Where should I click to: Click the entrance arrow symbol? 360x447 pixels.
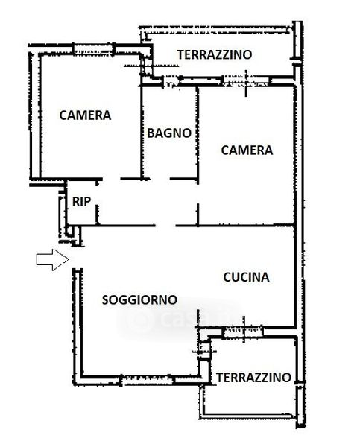tap(52, 259)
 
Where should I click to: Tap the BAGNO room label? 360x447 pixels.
tap(169, 133)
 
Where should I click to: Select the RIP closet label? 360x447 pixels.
tap(81, 202)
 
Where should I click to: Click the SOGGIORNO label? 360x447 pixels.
tap(139, 300)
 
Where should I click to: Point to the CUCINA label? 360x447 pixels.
tap(246, 277)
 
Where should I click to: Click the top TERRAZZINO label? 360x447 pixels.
tap(215, 54)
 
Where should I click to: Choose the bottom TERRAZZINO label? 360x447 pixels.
tap(253, 378)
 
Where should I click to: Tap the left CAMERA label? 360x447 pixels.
tap(85, 115)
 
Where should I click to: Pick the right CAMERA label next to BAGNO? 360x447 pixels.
tap(247, 150)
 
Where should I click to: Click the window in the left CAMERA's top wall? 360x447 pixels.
tap(94, 49)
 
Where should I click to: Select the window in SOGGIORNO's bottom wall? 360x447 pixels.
tap(148, 380)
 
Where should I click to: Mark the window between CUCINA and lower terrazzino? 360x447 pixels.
tap(243, 332)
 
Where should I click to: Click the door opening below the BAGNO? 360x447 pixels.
tap(160, 179)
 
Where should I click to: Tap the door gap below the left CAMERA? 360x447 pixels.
tap(111, 179)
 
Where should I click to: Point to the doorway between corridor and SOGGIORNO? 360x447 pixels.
tap(165, 226)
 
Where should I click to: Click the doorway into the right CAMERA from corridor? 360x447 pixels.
tap(198, 194)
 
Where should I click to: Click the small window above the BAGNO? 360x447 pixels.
tap(171, 83)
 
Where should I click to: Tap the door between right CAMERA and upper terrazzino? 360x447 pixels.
tap(246, 81)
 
